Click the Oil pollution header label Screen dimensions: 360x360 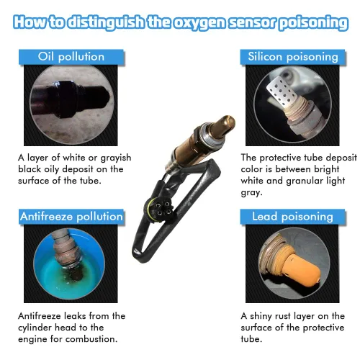coord(71,57)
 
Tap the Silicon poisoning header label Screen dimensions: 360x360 coord(293,57)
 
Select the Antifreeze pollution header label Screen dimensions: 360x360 coord(71,217)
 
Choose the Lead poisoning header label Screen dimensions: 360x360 coord(292,217)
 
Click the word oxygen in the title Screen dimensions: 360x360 coord(199,23)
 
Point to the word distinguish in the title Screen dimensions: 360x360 coord(106,22)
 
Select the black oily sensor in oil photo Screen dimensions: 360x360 coord(70,99)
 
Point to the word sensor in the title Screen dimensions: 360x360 coord(253,22)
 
